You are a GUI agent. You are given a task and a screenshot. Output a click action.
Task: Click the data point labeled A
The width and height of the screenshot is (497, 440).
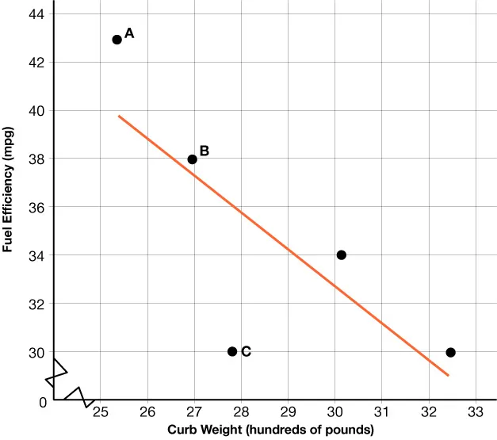pyautogui.click(x=117, y=40)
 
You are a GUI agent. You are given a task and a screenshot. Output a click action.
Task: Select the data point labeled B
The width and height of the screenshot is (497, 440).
pyautogui.click(x=192, y=159)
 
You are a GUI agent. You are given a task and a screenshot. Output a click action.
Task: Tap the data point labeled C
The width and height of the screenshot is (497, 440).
pyautogui.click(x=232, y=351)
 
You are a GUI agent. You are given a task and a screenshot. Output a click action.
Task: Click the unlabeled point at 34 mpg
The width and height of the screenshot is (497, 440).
pyautogui.click(x=342, y=254)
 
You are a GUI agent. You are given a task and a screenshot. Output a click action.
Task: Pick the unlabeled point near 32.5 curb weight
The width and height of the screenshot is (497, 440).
pyautogui.click(x=450, y=352)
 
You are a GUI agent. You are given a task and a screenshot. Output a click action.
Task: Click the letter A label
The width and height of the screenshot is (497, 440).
pyautogui.click(x=130, y=33)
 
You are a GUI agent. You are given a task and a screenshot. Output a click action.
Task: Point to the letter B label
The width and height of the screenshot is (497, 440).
pyautogui.click(x=205, y=151)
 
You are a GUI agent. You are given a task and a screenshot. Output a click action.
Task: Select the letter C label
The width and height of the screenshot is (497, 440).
pyautogui.click(x=246, y=351)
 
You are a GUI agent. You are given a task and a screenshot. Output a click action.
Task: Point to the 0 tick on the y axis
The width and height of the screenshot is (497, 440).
pyautogui.click(x=41, y=402)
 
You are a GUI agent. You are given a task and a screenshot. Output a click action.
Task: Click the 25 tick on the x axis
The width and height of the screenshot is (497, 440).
pyautogui.click(x=100, y=412)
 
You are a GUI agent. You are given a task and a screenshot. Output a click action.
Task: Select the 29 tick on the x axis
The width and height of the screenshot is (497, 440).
pyautogui.click(x=288, y=412)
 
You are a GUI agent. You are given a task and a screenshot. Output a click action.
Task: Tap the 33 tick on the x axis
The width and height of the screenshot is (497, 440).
pyautogui.click(x=476, y=412)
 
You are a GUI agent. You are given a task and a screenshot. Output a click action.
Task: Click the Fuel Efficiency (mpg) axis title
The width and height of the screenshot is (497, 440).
pyautogui.click(x=9, y=190)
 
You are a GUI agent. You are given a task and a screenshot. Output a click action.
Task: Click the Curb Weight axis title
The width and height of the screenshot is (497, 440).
pyautogui.click(x=270, y=430)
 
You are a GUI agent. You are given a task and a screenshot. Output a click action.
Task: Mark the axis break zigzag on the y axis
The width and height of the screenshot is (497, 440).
pyautogui.click(x=56, y=373)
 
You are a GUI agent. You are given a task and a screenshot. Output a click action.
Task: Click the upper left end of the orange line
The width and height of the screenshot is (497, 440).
pyautogui.click(x=120, y=117)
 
